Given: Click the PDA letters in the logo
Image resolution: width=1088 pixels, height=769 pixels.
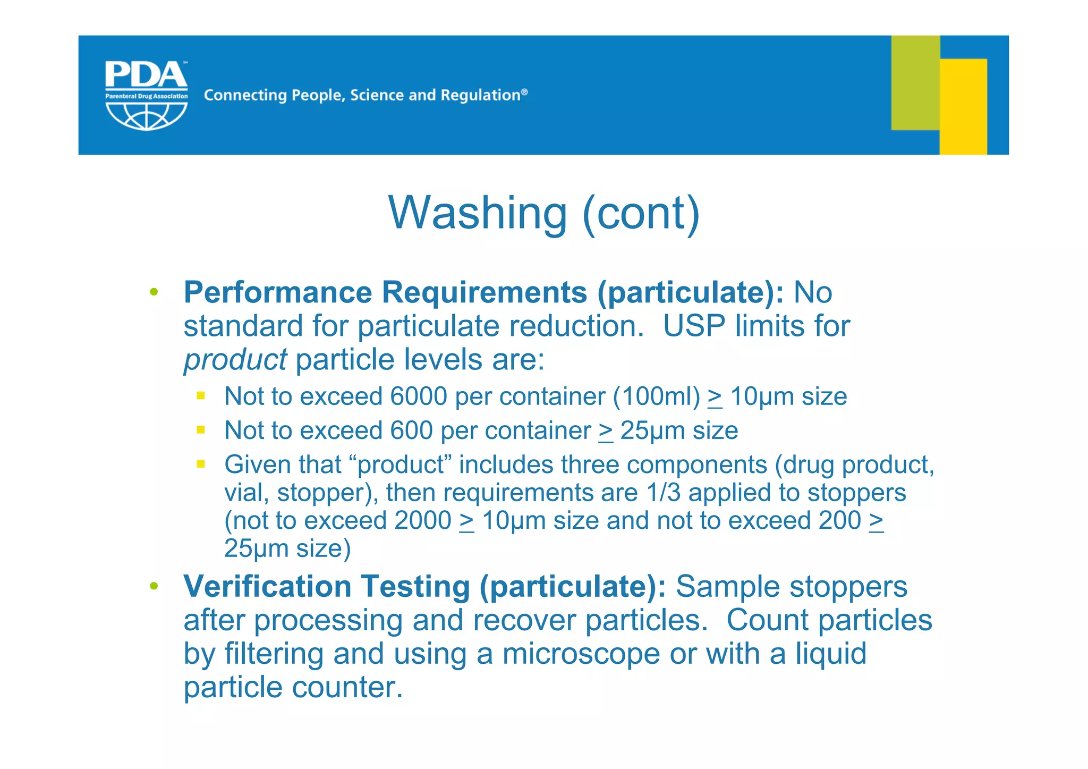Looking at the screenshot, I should tap(146, 75).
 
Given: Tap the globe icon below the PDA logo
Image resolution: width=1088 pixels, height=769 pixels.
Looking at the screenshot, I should tap(146, 115).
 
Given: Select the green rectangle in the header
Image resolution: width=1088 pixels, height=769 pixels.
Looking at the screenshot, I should tap(915, 82).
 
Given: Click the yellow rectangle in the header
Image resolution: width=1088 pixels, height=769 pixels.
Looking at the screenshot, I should tap(963, 106).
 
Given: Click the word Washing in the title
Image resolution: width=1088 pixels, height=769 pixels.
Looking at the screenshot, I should tap(478, 213).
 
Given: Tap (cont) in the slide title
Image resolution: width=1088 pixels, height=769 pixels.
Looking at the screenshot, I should tap(641, 213).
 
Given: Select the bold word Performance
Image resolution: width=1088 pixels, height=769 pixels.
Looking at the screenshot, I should tap(278, 292).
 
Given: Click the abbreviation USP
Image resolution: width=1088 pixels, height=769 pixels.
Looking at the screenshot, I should tap(694, 326).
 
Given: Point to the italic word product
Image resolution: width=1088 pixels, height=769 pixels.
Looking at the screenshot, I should tap(235, 360).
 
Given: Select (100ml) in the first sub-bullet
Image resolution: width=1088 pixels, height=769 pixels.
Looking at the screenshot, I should tap(657, 396).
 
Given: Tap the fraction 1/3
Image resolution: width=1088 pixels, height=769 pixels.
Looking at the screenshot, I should tap(663, 493).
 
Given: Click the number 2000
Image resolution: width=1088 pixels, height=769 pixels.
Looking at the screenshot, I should tap(422, 521).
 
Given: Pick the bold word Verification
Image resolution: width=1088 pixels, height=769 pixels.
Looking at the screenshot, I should tap(267, 587).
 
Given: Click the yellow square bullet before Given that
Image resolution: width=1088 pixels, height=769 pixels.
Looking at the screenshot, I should tap(201, 464).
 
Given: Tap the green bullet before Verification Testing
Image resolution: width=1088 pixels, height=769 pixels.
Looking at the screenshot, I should tap(154, 586).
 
